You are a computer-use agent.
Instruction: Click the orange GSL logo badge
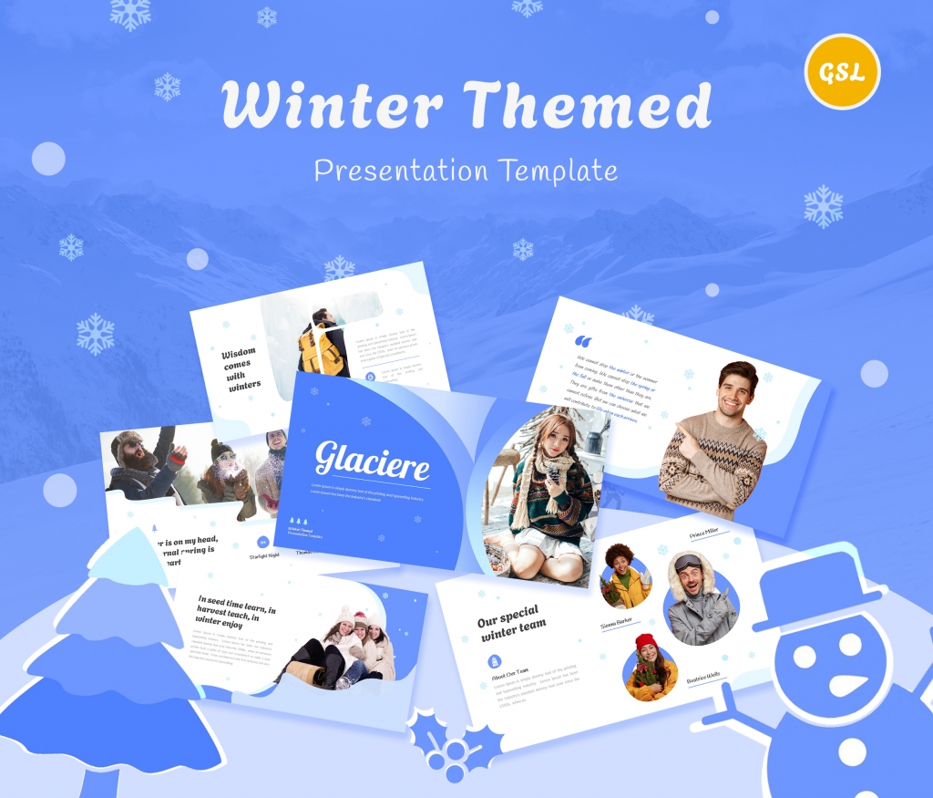[842, 72]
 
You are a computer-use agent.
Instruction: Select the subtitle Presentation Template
[466, 170]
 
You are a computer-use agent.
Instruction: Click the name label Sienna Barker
[617, 624]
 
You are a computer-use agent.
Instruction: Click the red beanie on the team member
[645, 641]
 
